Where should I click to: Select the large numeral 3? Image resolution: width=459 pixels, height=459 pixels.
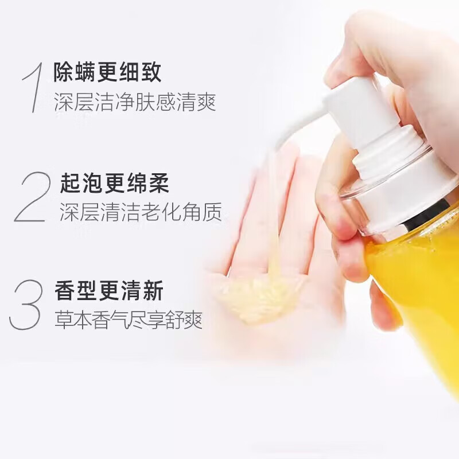point(27,304)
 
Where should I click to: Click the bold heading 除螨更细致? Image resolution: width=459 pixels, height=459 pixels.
point(107,73)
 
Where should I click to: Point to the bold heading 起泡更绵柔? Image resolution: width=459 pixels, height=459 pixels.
point(115,182)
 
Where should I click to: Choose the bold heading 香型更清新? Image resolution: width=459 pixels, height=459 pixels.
point(109,290)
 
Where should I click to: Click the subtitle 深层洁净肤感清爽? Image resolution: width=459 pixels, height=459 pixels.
point(135,104)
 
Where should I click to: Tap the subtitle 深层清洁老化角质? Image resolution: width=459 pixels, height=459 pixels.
point(141,213)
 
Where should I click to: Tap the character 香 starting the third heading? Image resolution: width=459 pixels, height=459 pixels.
point(65,290)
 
